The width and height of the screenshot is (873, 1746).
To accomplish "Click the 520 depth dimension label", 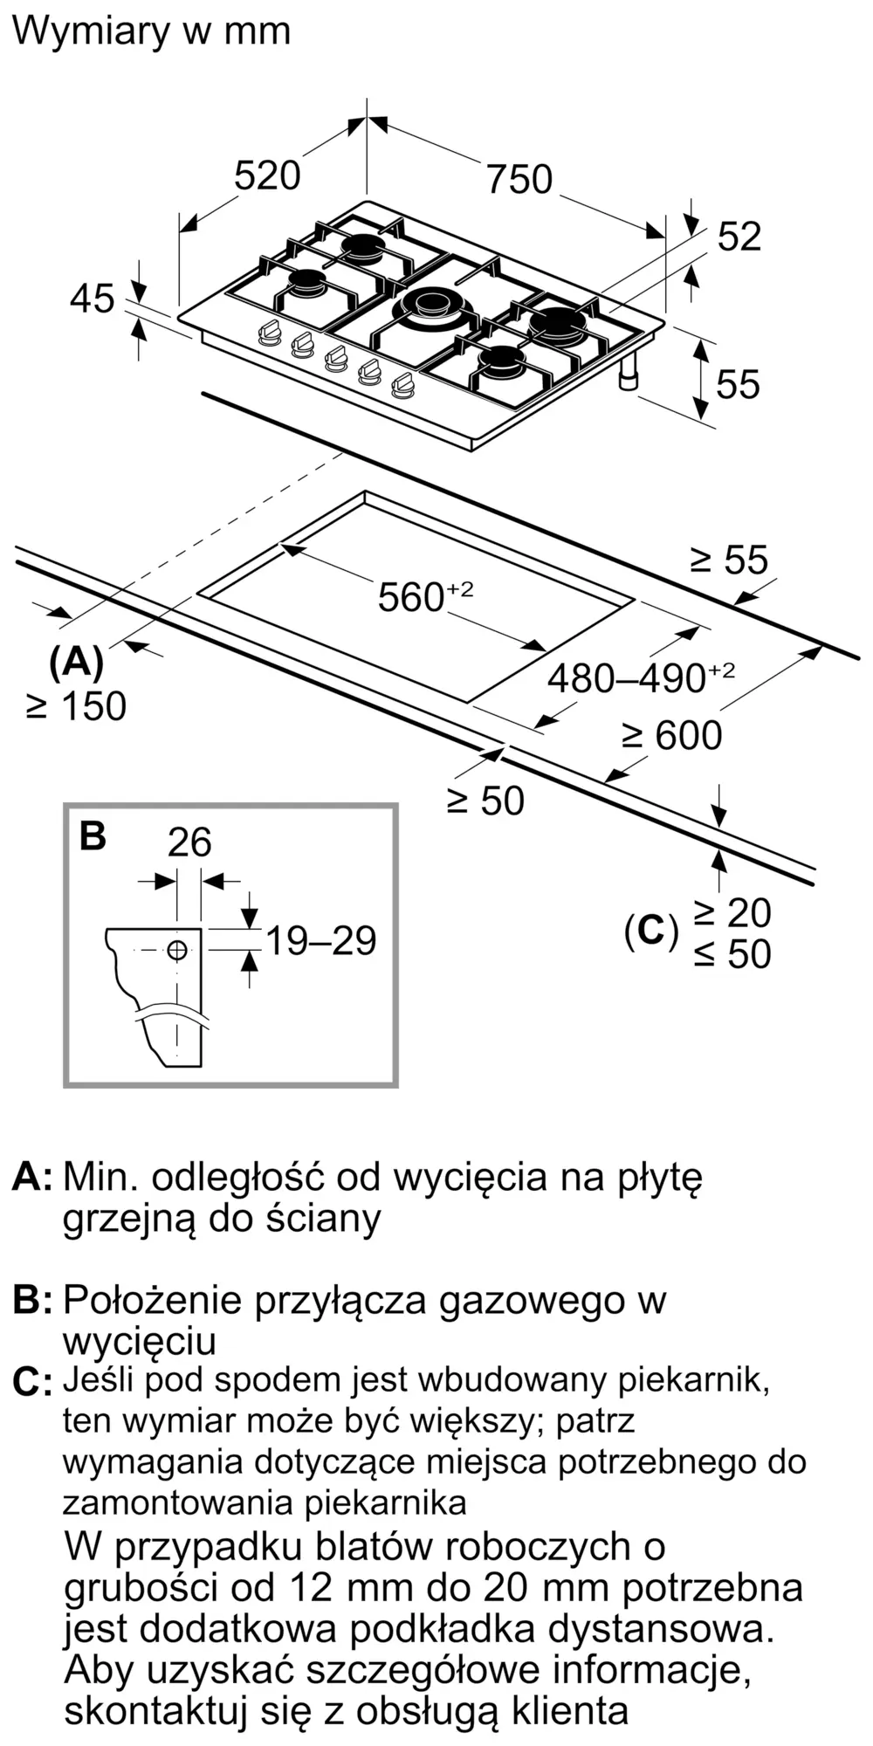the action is click(267, 175).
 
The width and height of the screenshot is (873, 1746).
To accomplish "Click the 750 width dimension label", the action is click(519, 179).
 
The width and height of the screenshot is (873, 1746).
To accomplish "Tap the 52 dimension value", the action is click(739, 237).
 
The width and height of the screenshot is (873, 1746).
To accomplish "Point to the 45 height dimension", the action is click(93, 299).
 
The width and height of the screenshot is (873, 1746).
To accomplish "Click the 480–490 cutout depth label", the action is click(642, 677).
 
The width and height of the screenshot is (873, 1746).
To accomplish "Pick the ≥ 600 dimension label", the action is click(672, 735).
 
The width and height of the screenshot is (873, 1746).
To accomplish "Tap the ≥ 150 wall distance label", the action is click(77, 706).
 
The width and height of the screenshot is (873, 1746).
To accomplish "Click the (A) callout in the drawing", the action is click(77, 663).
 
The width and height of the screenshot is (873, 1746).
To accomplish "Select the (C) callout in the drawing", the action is click(651, 932).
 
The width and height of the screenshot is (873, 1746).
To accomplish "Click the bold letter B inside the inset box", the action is click(93, 835).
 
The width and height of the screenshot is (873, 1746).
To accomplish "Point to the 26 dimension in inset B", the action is click(189, 842).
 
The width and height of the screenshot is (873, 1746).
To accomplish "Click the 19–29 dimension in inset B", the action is click(320, 941).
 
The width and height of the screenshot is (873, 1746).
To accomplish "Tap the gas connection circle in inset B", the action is click(177, 950).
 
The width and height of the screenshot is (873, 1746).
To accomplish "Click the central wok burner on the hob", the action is click(431, 306).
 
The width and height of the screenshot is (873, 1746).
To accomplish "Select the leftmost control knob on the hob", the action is click(269, 333).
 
